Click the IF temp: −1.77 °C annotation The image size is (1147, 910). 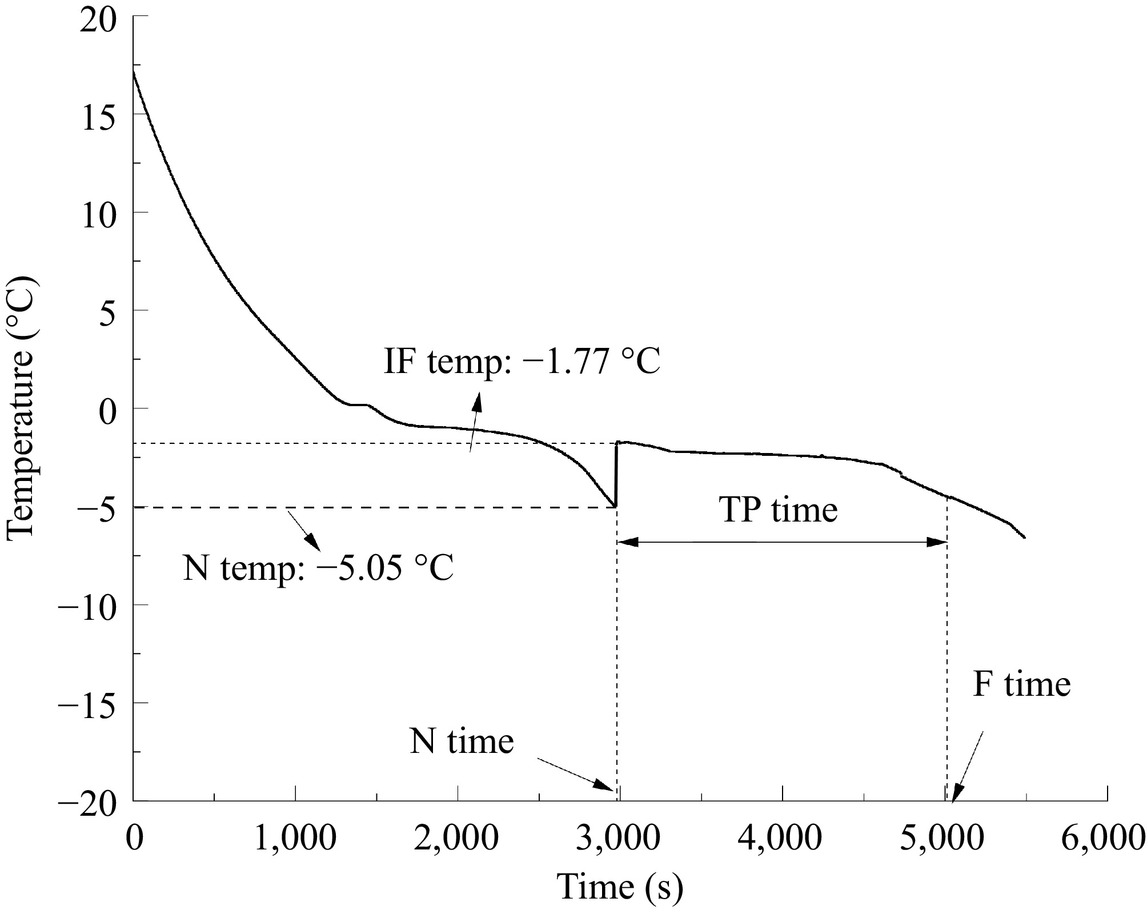point(522,361)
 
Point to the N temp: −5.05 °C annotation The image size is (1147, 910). point(318,568)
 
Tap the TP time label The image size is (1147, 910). point(779,509)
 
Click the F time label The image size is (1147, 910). point(1021,684)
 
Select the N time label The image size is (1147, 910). point(462,741)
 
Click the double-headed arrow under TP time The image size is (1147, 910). point(782,542)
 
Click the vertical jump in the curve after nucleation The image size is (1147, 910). point(616,474)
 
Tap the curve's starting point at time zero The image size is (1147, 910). point(134,70)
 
